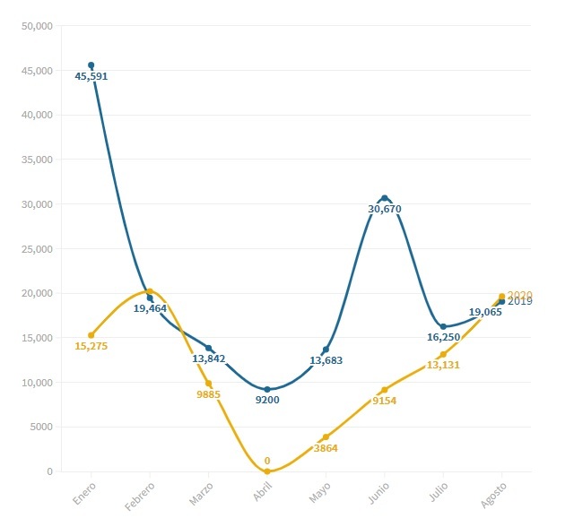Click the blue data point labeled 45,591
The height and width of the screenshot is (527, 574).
(x=91, y=65)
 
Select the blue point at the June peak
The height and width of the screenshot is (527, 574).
(x=385, y=198)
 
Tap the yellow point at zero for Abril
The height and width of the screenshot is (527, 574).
(x=267, y=471)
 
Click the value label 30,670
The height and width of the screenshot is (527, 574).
(x=385, y=210)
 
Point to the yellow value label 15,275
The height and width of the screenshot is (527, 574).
(x=91, y=346)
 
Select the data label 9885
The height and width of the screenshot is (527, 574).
(x=208, y=394)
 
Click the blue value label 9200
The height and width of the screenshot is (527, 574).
(x=267, y=400)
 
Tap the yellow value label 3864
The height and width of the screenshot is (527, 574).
(x=326, y=448)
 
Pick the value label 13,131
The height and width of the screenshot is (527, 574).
(x=443, y=366)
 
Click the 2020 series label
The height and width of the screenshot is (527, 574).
(x=520, y=295)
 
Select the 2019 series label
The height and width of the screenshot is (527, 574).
(x=520, y=302)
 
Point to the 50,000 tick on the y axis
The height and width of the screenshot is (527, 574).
(x=37, y=26)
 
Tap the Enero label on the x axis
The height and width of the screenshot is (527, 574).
(x=85, y=495)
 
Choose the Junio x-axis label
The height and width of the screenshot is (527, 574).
(x=379, y=495)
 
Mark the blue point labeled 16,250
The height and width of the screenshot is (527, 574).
(x=443, y=327)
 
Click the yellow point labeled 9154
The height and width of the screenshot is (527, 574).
(x=385, y=390)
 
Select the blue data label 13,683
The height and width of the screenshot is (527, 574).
(x=326, y=361)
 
